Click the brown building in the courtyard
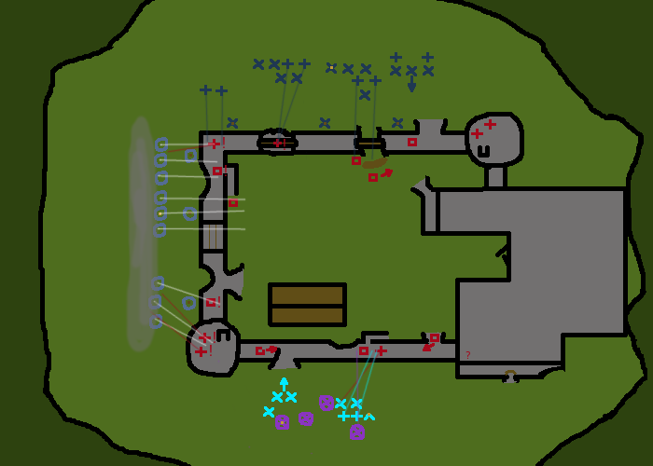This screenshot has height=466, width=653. [307, 305]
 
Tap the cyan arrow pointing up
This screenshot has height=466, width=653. [284, 382]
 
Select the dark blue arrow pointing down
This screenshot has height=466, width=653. [411, 85]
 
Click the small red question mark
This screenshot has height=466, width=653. [467, 355]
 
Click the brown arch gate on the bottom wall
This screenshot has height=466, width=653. [510, 375]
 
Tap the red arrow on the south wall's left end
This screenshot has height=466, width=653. [271, 349]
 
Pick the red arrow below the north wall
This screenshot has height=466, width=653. [386, 172]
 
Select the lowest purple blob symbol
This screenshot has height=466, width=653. [357, 432]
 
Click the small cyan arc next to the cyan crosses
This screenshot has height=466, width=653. [369, 417]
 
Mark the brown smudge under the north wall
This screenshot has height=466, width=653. [372, 164]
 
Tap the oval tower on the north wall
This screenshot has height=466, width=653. [276, 142]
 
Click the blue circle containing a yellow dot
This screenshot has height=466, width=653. [160, 213]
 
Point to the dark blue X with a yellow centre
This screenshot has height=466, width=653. [331, 67]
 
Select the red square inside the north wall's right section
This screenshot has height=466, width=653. [412, 142]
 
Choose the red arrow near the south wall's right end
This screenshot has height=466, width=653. [428, 347]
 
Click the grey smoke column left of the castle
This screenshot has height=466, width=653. [141, 233]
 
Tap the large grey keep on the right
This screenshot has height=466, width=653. [541, 270]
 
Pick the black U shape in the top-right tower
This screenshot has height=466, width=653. [483, 149]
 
